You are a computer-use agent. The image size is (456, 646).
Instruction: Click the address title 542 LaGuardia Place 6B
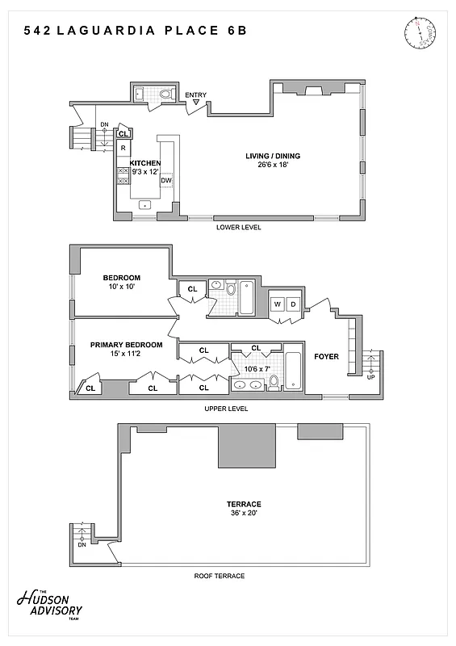(x=135, y=31)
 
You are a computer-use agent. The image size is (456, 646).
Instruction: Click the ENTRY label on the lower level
(x=195, y=95)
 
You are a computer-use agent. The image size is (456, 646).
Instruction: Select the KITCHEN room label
(x=146, y=163)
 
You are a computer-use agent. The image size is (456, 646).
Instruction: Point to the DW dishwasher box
(x=165, y=180)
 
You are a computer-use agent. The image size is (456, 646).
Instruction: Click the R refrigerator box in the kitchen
(x=123, y=149)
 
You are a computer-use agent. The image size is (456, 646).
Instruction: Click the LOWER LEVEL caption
(x=239, y=228)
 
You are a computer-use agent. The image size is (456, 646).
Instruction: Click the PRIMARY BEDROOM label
(x=126, y=345)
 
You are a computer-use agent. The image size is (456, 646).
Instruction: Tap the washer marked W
(x=278, y=304)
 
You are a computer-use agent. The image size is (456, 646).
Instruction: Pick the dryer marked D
(x=293, y=304)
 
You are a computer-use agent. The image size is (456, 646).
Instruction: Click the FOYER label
(x=326, y=356)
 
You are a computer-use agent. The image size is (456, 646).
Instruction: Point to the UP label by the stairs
(x=370, y=377)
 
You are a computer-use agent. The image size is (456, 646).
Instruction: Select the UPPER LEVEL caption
(x=227, y=409)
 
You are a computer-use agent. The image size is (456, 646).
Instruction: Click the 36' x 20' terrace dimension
(x=243, y=514)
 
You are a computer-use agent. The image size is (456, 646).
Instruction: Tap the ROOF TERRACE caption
(x=219, y=576)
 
